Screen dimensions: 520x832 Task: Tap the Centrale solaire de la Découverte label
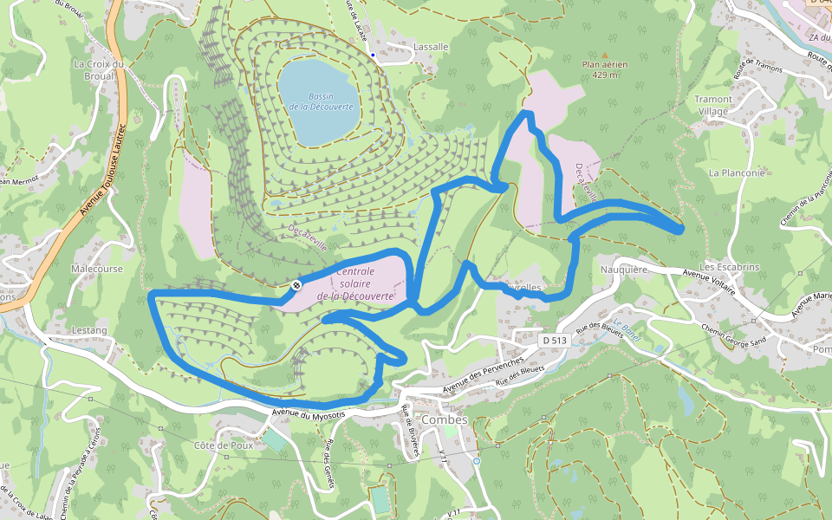pyautogui.click(x=356, y=283)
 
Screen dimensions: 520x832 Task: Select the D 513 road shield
pyautogui.click(x=554, y=341)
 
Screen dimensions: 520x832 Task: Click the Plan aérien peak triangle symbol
pyautogui.click(x=605, y=55)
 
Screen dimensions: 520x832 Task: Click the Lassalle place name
pyautogui.click(x=431, y=46)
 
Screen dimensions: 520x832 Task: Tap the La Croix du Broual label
pyautogui.click(x=101, y=69)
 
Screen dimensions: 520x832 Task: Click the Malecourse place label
pyautogui.click(x=97, y=269)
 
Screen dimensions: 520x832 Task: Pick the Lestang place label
pyautogui.click(x=90, y=330)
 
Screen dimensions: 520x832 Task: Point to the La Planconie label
pyautogui.click(x=736, y=172)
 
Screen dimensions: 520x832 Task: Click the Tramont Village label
pyautogui.click(x=713, y=105)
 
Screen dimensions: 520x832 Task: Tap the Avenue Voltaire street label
pyautogui.click(x=708, y=280)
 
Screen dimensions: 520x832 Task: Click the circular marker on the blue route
pyautogui.click(x=296, y=284)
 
